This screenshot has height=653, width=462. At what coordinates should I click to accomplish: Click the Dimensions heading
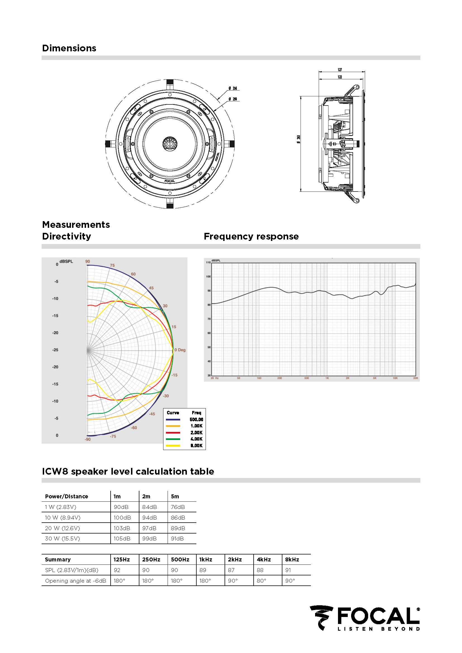69,48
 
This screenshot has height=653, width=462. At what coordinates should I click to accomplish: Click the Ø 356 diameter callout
233,88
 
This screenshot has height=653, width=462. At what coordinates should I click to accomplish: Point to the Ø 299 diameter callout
233,99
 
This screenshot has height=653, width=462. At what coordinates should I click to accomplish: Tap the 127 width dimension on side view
340,70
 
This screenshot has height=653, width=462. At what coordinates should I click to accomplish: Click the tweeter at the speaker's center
170,143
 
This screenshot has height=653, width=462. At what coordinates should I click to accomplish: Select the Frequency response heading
251,236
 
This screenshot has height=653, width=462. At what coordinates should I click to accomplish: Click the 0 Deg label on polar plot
180,350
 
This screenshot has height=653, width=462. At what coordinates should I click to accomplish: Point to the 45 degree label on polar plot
151,288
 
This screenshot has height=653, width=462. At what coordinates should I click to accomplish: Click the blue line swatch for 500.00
173,420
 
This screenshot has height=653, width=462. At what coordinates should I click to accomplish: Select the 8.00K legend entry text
196,446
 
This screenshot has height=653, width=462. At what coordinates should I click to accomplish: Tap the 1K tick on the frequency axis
327,378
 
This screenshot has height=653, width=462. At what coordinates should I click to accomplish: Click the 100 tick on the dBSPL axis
209,276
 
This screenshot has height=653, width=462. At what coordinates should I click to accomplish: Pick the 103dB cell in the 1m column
122,528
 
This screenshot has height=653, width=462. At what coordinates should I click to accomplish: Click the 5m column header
175,496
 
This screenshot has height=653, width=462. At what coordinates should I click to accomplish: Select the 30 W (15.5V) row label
63,539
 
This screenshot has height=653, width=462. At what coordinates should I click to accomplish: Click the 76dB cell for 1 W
178,507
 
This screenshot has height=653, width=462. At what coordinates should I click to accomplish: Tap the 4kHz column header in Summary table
264,559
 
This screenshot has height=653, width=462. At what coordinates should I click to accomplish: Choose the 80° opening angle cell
261,581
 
